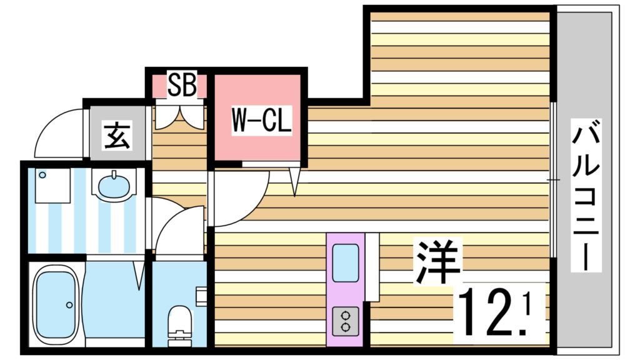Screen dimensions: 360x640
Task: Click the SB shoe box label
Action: [181, 86]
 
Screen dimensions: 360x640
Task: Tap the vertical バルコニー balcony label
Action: [586, 197]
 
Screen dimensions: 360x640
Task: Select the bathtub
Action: [55, 302]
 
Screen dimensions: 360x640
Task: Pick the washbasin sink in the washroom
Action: [113, 185]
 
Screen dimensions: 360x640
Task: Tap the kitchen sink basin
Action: [345, 262]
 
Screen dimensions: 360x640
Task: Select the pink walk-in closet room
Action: [259, 119]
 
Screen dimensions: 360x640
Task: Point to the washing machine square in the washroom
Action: [52, 185]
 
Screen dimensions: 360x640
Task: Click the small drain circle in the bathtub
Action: [69, 305]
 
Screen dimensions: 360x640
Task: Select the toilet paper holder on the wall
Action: [201, 295]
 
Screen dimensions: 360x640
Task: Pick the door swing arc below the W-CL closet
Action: [237, 197]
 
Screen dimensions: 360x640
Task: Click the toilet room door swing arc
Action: [179, 231]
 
